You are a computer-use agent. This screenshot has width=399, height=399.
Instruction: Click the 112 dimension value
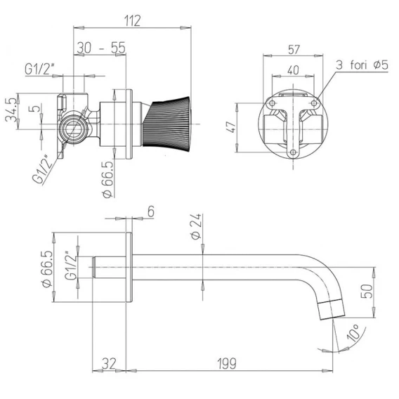(132, 20)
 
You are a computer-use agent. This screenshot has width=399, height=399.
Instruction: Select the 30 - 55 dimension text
(101, 48)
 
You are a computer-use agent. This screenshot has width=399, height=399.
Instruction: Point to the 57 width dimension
(294, 50)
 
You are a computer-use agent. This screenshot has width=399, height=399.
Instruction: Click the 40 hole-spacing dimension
(293, 70)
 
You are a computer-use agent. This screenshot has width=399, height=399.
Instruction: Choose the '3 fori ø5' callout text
(362, 65)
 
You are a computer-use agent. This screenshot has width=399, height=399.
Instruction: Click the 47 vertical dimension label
(232, 126)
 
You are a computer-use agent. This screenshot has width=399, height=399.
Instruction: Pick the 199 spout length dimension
(227, 363)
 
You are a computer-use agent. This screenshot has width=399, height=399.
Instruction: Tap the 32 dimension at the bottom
(109, 363)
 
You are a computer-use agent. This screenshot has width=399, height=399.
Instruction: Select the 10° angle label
(353, 333)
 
